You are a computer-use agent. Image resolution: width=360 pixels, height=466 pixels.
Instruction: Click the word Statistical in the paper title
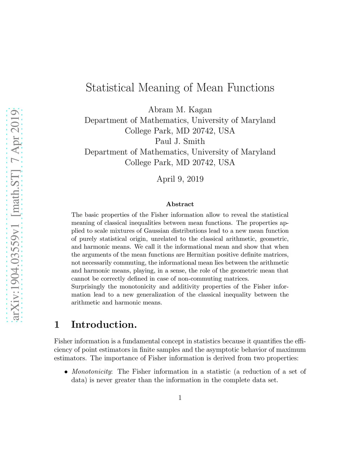[110, 88]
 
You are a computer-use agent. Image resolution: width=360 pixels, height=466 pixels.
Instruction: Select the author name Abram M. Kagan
[180, 110]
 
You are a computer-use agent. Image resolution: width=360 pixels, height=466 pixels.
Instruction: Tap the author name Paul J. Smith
[180, 141]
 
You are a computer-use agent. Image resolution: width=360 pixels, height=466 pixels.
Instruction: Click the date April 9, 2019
[180, 179]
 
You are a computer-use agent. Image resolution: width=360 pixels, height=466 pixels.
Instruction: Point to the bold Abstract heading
[180, 204]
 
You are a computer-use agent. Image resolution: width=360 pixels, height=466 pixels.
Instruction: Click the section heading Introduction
[104, 325]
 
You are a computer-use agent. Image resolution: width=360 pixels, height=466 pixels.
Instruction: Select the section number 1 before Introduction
[57, 325]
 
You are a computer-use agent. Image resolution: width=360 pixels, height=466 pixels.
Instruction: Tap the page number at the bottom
[180, 398]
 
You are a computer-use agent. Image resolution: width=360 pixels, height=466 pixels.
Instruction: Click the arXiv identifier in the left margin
[15, 215]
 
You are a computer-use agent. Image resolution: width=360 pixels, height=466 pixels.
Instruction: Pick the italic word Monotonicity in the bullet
[91, 372]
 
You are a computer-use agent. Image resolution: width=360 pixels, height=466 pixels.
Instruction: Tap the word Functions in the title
[250, 88]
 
